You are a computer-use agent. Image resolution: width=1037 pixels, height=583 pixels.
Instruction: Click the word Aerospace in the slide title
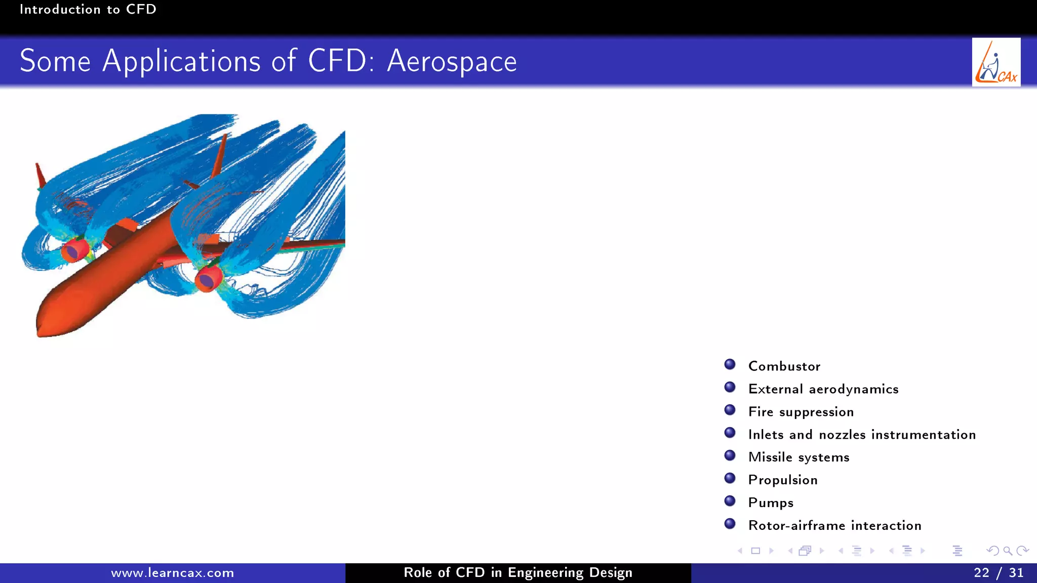pos(452,62)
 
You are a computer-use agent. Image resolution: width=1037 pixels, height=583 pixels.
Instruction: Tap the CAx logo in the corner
pos(995,62)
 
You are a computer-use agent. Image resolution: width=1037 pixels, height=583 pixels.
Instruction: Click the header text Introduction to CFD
pos(88,9)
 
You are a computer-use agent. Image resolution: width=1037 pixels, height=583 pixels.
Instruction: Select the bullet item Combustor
pos(784,366)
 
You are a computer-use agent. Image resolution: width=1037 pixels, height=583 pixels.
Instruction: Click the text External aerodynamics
pos(823,389)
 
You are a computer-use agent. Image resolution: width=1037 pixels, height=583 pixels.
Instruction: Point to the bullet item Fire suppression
pos(801,411)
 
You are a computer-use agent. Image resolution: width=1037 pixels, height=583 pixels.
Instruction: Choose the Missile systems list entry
pos(799,457)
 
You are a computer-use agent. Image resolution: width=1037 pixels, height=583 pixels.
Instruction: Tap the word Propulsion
pos(783,480)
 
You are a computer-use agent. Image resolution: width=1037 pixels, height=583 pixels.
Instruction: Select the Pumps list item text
pos(771,503)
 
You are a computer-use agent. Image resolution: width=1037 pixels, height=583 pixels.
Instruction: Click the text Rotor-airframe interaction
pos(834,525)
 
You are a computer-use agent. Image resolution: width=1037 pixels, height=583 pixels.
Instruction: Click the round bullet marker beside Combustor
pos(730,364)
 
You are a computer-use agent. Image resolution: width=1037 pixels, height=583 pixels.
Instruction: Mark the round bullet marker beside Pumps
pos(730,501)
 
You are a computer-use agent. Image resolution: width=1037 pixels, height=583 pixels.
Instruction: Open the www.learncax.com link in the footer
pos(172,573)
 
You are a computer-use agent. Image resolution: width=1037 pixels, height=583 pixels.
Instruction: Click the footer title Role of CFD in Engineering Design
pos(517,572)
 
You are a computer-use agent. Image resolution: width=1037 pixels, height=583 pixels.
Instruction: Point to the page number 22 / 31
pos(998,572)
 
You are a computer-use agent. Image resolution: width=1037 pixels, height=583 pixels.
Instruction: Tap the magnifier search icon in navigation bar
pos(1008,551)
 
